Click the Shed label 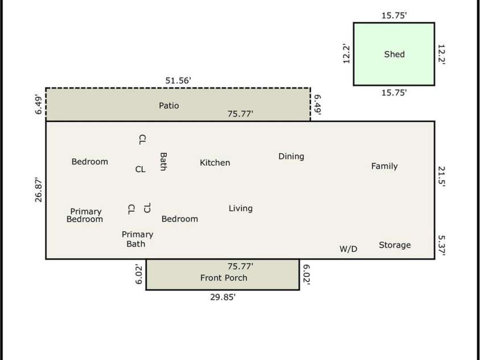point(394,54)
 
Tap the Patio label point(169,105)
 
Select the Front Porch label point(224,277)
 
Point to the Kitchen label point(215,162)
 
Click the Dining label point(291,157)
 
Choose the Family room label point(384,166)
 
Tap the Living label point(241,208)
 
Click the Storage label point(395,245)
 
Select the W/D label point(348,249)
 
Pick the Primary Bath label point(137,239)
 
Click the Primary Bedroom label point(85,215)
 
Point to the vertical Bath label point(163,161)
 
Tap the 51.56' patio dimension point(178,80)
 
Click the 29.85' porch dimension point(223,297)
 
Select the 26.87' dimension point(38,190)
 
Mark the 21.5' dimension point(441,177)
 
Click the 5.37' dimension point(441,245)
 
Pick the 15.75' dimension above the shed point(394,15)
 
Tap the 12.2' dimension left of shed point(346,54)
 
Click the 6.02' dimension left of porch point(139,275)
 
